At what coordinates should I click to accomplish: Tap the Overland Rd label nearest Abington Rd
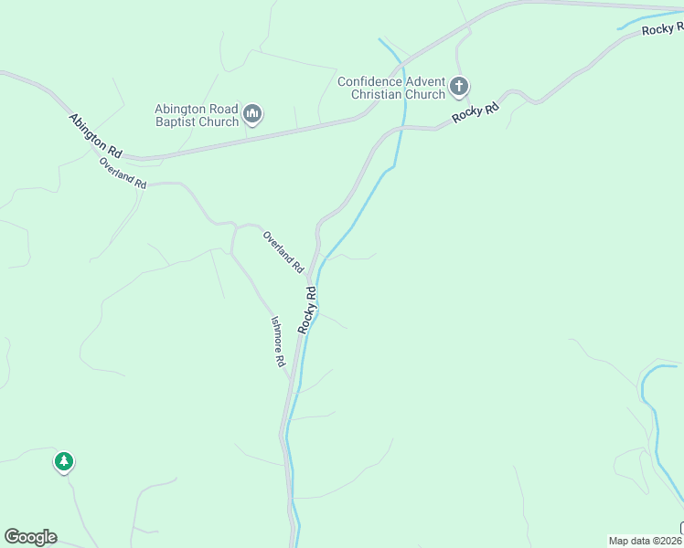[123, 174]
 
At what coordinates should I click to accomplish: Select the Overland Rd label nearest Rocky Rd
[283, 251]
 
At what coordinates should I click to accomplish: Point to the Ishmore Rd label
[278, 342]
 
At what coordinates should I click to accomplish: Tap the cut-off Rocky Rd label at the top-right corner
[662, 29]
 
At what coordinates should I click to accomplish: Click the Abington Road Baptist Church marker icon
[253, 115]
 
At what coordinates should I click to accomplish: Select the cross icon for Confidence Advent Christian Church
[459, 88]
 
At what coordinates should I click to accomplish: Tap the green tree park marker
[63, 461]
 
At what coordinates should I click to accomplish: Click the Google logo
[30, 537]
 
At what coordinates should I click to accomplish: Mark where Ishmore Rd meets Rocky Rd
[292, 382]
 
